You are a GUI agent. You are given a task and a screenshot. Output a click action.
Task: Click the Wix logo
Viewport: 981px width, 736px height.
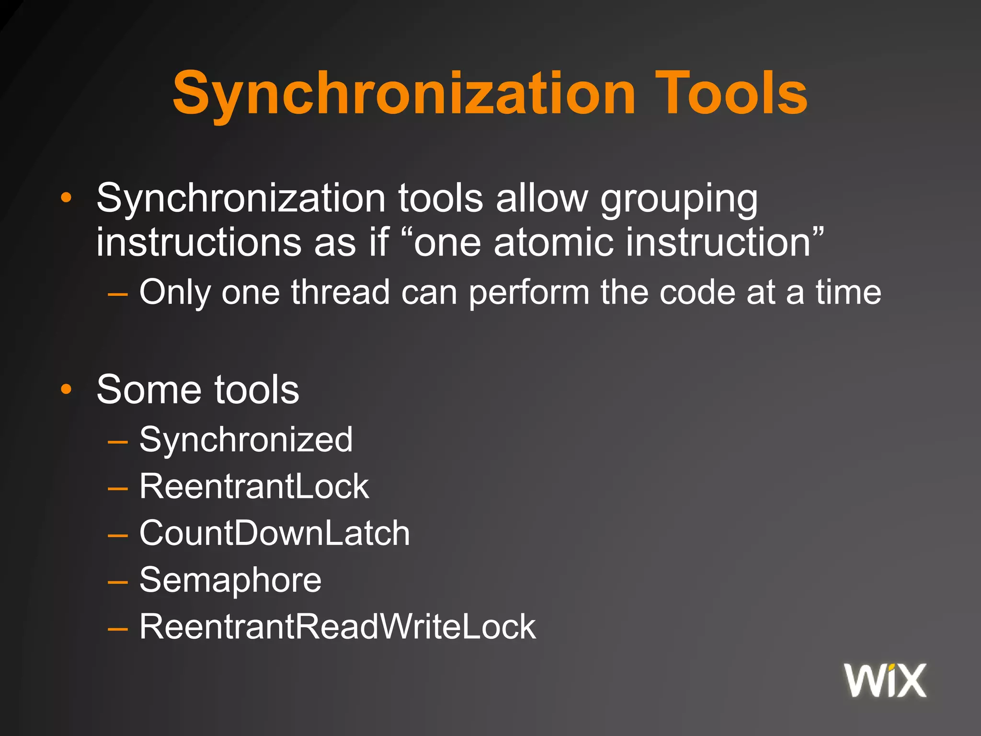tap(885, 680)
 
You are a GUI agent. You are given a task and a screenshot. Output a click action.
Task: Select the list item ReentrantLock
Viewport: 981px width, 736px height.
tap(254, 486)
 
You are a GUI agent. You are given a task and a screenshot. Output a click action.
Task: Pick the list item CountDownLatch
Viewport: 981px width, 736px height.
tap(274, 533)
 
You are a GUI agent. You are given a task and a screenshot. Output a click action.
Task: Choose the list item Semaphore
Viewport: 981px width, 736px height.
tap(230, 580)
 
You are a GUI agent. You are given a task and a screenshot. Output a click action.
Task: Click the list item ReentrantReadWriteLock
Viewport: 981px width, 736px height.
tap(338, 626)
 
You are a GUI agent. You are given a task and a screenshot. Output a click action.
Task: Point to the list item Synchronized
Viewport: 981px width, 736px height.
tap(246, 439)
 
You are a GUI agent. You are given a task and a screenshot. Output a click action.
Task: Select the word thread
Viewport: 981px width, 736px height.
tap(340, 292)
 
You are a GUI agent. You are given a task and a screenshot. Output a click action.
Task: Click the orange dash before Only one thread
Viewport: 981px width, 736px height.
tap(118, 293)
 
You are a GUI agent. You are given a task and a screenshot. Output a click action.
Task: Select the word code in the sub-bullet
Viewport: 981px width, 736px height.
tap(697, 292)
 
